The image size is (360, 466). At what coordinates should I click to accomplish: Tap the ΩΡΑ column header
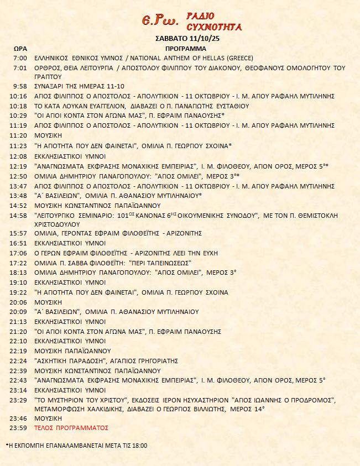(x=19, y=49)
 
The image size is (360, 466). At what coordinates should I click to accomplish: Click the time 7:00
(x=20, y=58)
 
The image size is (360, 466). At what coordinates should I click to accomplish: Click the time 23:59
(x=19, y=428)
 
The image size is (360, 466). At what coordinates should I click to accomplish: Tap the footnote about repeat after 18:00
(x=77, y=445)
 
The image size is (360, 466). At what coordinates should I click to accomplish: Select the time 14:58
(x=19, y=215)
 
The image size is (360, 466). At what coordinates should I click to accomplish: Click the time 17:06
(x=19, y=253)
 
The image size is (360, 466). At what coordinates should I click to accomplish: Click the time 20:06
(x=19, y=302)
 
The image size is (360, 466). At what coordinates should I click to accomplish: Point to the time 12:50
(x=19, y=176)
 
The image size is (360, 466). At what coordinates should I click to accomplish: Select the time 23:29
(x=19, y=400)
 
